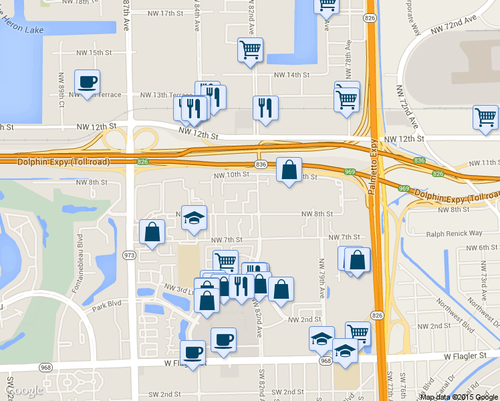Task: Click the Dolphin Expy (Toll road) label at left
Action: [55, 162]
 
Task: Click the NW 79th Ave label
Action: [322, 285]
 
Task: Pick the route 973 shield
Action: [129, 255]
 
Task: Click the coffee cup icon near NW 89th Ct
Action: [87, 82]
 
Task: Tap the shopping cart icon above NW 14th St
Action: [250, 49]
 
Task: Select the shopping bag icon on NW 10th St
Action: [289, 170]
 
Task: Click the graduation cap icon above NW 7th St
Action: [194, 218]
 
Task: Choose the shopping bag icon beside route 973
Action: [152, 232]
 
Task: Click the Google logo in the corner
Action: [24, 390]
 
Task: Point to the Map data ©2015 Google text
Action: [459, 396]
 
